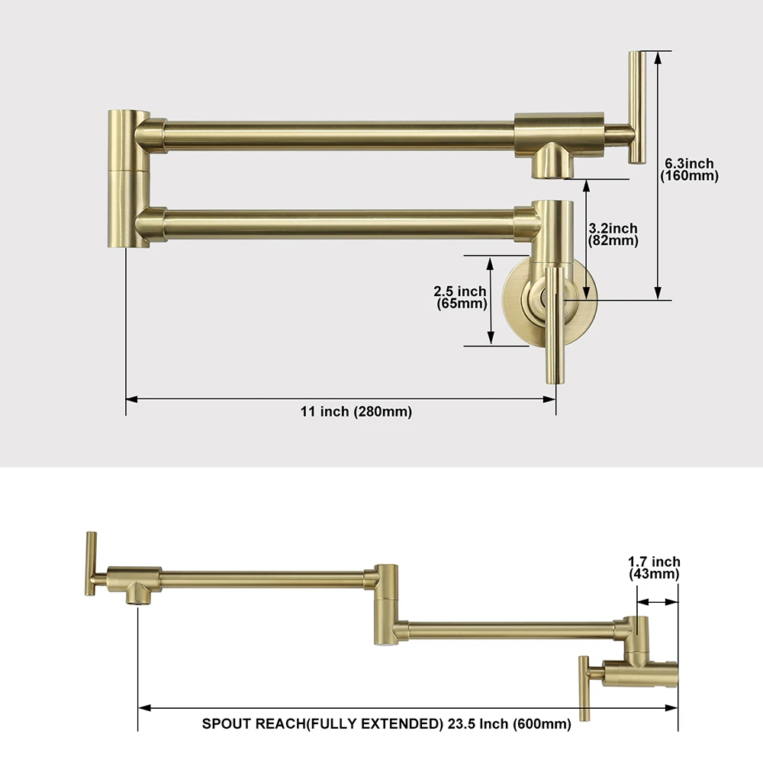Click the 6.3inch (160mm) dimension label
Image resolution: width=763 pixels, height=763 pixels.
click(689, 169)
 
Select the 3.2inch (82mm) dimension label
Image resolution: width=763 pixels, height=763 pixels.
click(613, 234)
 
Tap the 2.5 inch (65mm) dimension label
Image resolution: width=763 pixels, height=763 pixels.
click(460, 297)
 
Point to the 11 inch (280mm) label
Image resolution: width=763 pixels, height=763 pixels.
click(356, 412)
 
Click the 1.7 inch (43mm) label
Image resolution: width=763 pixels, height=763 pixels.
click(654, 568)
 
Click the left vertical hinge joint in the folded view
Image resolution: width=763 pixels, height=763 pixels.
click(127, 179)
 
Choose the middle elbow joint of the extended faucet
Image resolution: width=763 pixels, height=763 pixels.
click(385, 603)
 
